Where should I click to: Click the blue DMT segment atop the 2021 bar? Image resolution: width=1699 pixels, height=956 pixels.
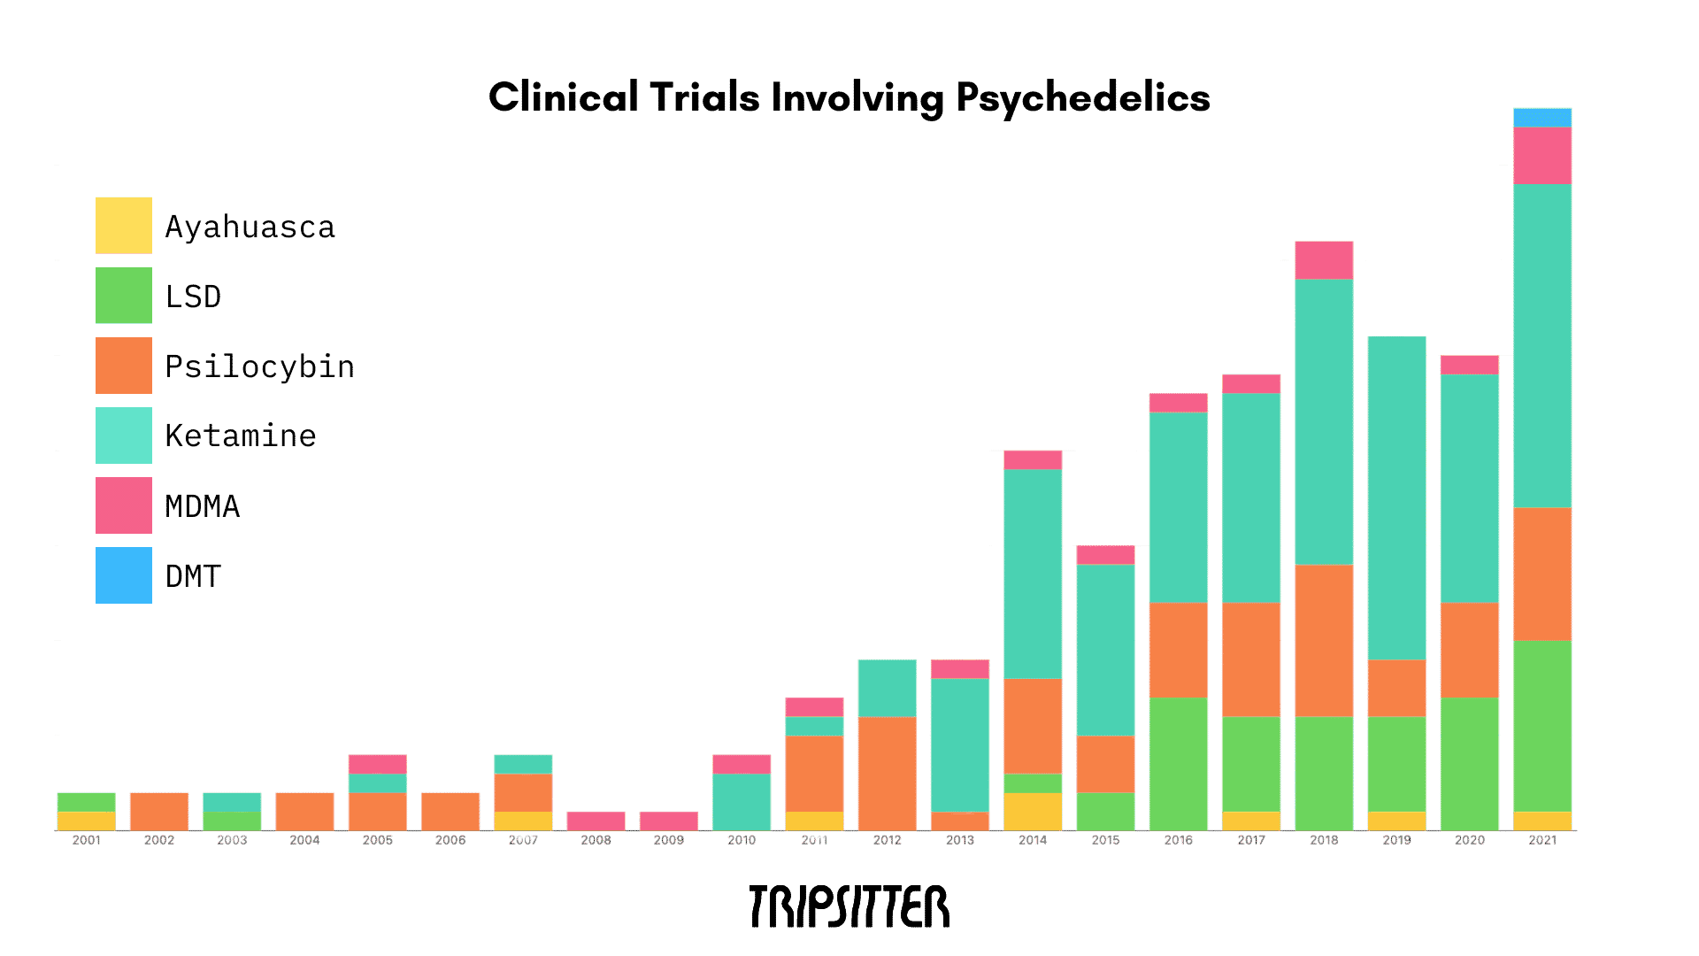coord(1542,117)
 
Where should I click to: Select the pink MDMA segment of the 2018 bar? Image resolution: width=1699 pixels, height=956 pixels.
coord(1324,259)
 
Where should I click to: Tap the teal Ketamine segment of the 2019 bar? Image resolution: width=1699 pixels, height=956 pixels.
coord(1396,497)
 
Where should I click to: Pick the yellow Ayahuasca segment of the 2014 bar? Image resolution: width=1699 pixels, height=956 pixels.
coord(1033,811)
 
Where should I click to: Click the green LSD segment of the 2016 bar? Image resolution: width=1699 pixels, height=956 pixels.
coord(1178,763)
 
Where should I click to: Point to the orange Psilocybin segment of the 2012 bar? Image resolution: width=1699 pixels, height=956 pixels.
coord(887,773)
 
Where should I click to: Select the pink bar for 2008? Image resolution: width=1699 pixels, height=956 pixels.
coord(596,821)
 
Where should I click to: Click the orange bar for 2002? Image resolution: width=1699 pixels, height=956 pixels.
coord(159,811)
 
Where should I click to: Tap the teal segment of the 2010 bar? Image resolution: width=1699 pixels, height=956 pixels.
coord(742,801)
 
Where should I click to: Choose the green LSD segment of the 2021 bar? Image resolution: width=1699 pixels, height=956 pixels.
coord(1542,726)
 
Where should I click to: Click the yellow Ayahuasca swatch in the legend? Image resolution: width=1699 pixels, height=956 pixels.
coord(124,225)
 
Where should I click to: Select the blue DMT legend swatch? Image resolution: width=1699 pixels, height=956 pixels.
coord(124,575)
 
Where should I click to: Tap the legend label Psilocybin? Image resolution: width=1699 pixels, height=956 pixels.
coord(259,366)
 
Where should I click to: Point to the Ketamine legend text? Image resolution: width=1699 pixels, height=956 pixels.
coord(241,436)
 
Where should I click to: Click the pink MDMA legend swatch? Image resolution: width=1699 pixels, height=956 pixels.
coord(124,505)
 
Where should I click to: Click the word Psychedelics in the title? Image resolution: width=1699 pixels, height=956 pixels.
coord(1082,98)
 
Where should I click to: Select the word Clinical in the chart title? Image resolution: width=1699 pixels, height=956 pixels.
coord(563,97)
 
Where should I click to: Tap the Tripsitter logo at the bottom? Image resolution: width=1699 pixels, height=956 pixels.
coord(849,906)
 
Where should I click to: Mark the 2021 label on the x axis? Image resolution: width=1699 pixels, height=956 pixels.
coord(1542,840)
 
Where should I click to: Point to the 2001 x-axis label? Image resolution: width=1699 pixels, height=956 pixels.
coord(87,840)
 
